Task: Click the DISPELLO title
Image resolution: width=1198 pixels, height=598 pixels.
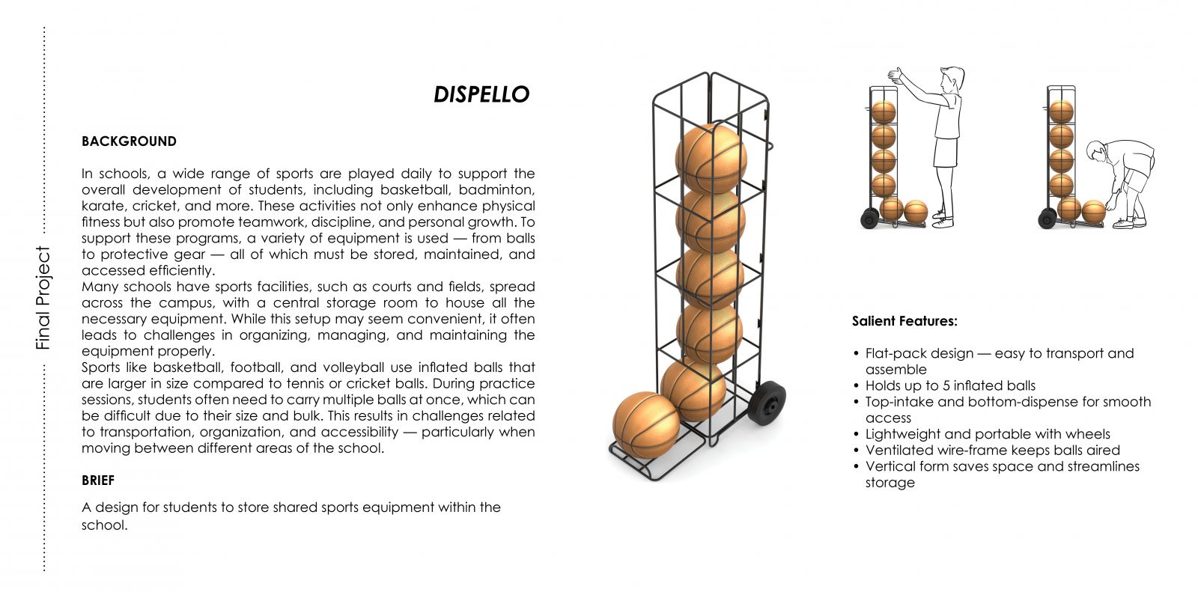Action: pos(481,94)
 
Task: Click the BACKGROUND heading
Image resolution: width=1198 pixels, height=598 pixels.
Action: pos(129,141)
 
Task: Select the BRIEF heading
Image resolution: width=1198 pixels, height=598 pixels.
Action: pos(98,480)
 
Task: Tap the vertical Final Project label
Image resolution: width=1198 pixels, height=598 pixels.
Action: pos(43,298)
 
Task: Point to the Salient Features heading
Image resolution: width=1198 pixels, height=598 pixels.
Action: pos(904,321)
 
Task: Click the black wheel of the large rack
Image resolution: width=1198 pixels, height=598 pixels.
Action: pos(767,403)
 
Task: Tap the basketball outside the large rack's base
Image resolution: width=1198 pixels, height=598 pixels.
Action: pos(646,425)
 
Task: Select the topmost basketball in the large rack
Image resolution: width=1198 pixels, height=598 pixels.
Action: pos(711,158)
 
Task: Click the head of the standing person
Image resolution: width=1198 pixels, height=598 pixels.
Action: pos(952,79)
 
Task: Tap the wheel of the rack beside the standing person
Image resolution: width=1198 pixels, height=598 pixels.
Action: pos(869,218)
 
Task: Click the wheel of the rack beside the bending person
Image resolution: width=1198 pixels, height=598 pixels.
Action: pos(1048,218)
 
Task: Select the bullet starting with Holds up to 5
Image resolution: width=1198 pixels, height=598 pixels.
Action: pos(950,386)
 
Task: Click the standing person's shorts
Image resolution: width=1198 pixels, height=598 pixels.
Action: pos(945,152)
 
